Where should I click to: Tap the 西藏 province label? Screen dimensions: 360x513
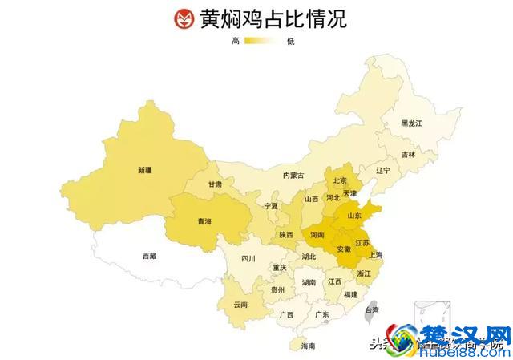(x=150, y=256)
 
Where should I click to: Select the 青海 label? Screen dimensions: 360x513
(x=204, y=220)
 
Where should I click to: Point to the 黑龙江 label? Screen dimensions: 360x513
(x=411, y=123)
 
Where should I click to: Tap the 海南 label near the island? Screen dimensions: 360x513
(x=308, y=346)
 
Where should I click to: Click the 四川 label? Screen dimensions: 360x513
(x=248, y=259)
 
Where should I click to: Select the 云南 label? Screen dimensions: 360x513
(x=240, y=305)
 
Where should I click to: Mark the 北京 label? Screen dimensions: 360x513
(x=340, y=180)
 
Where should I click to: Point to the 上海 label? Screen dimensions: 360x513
(x=375, y=254)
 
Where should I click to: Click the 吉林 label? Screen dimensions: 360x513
(x=409, y=154)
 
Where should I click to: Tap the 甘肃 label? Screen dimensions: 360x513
(x=216, y=184)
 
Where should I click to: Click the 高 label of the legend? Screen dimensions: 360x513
(x=236, y=41)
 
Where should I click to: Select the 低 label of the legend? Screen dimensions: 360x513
(x=289, y=41)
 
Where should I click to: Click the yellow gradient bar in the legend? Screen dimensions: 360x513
(x=262, y=41)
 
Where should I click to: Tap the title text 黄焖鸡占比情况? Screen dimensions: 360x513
(x=273, y=18)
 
